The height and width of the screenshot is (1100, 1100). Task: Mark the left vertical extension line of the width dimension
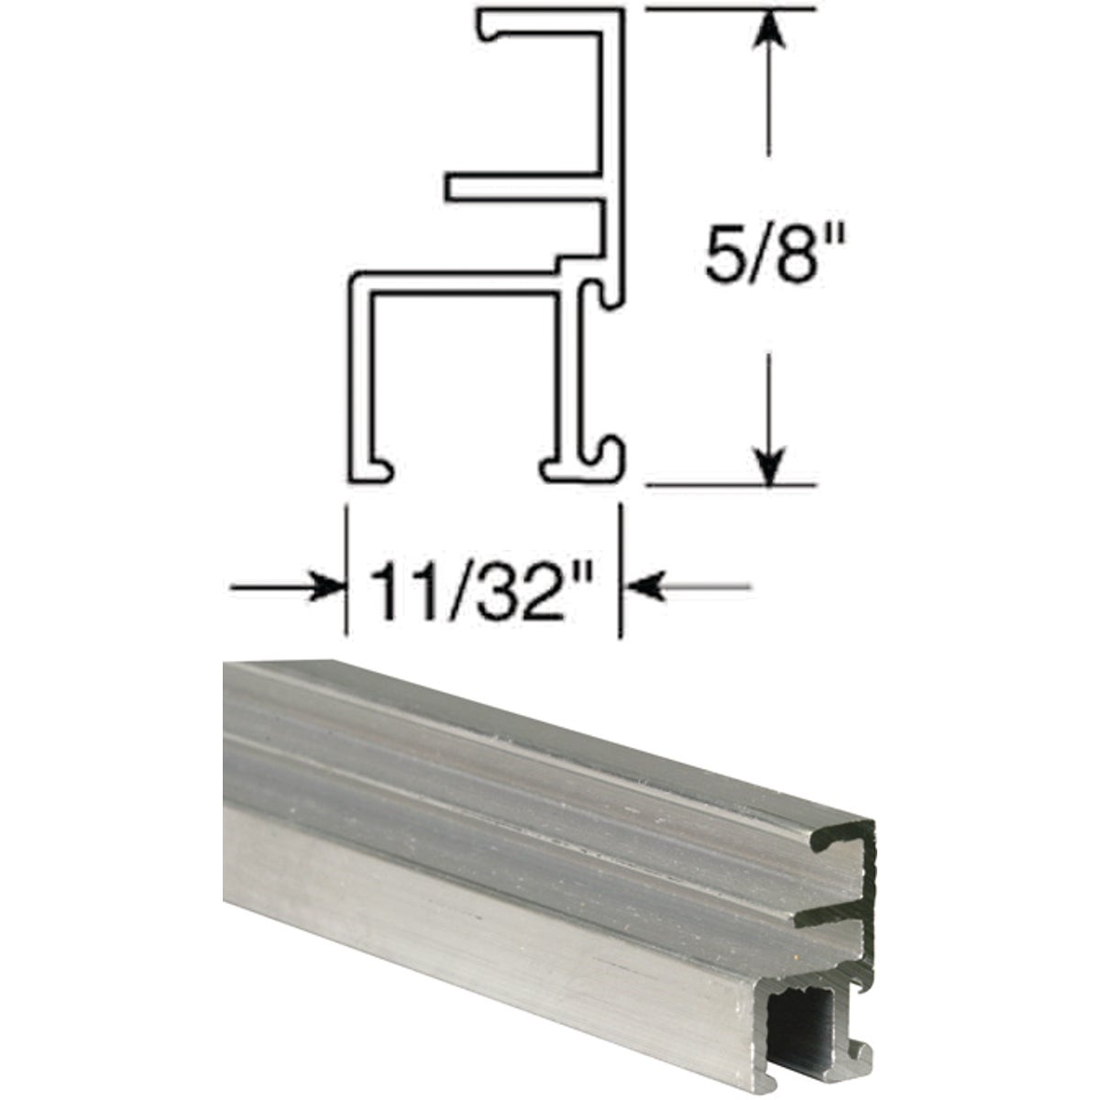(346, 568)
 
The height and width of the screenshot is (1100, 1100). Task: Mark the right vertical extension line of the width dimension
(622, 568)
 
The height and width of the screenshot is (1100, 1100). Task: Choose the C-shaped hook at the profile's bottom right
(609, 458)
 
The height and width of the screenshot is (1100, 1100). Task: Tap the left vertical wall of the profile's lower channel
(360, 376)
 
